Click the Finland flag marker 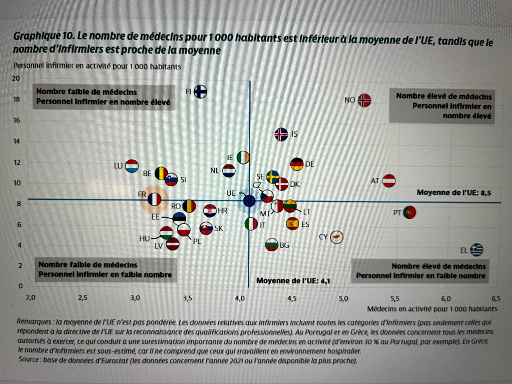point(200,92)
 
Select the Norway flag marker point(364,100)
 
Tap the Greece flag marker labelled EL point(476,250)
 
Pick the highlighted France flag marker point(154,199)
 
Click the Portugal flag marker point(409,212)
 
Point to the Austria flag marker point(389,181)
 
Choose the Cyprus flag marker point(336,237)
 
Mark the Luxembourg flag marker point(132,166)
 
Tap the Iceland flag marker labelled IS point(281,134)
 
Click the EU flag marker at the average point(249,201)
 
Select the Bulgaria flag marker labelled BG point(272,245)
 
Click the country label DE point(310,164)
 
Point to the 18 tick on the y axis point(16,99)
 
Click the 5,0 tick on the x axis point(343,298)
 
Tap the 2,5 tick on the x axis point(83,298)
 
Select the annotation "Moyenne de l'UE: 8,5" point(454,193)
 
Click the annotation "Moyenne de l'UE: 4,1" point(293,281)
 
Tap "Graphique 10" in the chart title point(44,36)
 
